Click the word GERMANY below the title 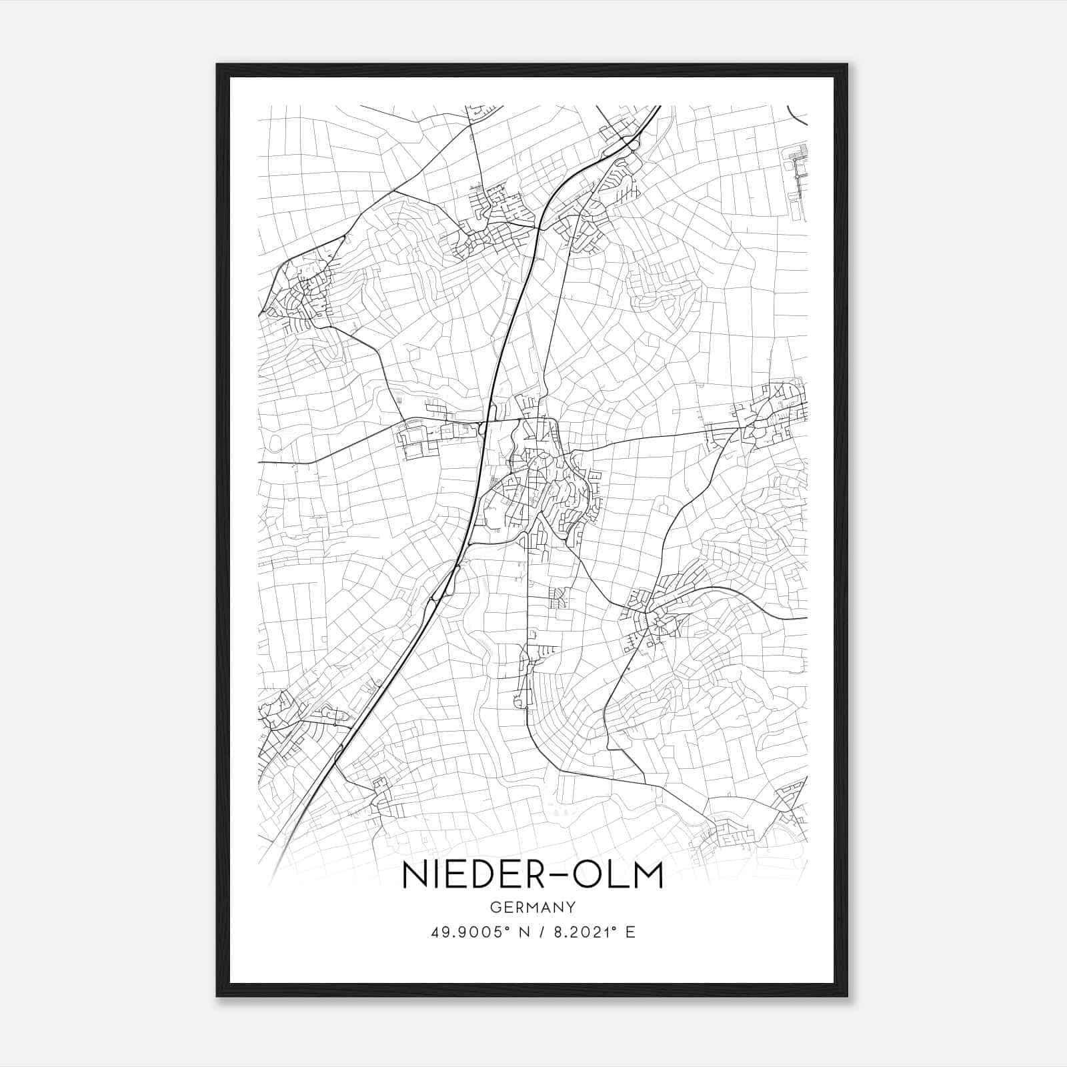532,907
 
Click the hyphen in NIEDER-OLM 554,876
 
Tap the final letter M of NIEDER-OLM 647,876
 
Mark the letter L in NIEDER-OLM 614,876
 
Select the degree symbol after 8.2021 614,928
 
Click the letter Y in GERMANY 570,907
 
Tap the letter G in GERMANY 494,907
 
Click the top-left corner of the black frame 217,65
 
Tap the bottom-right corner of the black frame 848,996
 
